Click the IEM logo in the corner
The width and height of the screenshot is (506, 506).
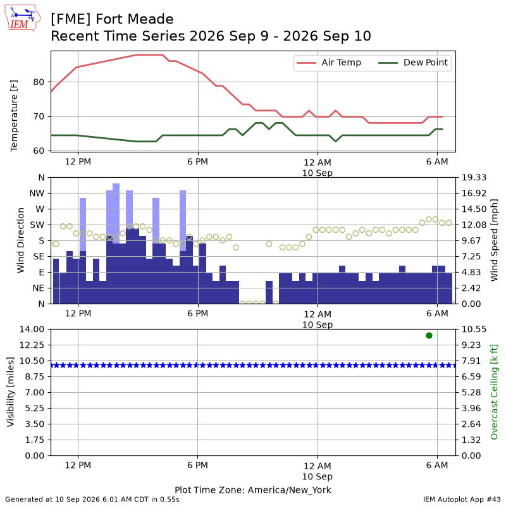pos(22,18)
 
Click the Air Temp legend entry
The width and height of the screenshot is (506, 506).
pos(328,63)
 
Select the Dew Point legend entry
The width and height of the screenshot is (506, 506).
pos(413,63)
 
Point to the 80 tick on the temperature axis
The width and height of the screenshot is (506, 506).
pos(39,82)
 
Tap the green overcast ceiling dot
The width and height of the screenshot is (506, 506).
pos(429,336)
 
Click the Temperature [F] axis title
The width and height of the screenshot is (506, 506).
pos(14,116)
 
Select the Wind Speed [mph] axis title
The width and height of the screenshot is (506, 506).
pos(494,240)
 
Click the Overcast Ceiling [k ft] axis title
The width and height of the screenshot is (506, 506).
pos(494,392)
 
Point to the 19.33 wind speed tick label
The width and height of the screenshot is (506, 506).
pos(474,177)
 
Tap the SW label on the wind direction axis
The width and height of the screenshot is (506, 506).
pos(37,225)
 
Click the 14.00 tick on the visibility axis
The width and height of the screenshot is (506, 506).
pos(32,329)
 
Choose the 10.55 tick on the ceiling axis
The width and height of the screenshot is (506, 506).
pos(474,329)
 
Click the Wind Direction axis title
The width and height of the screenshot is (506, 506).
pos(21,240)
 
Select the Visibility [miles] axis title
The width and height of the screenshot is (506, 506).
pos(11,392)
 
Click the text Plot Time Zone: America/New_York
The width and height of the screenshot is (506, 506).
pos(253,490)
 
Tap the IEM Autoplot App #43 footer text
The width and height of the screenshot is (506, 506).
pos(462,499)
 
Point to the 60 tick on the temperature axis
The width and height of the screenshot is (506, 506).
pos(39,151)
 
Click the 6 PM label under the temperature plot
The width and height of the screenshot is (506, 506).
pos(197,161)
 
